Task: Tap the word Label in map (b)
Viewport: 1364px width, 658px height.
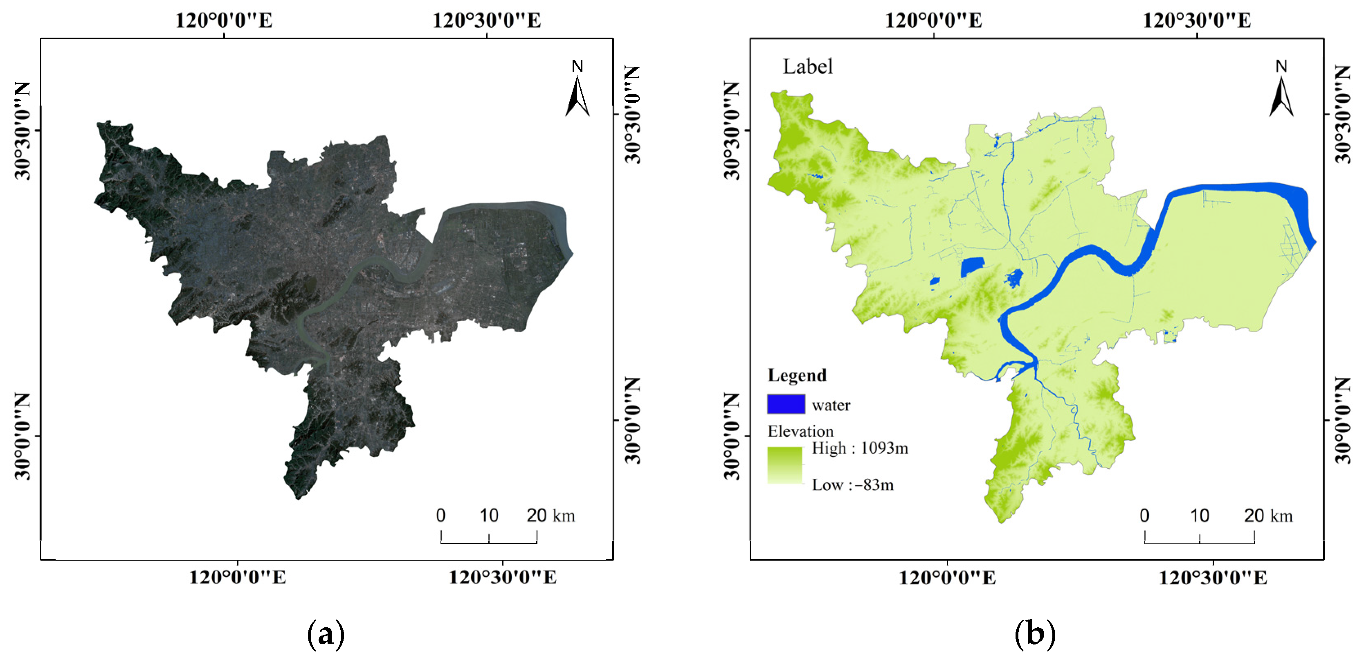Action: pos(807,67)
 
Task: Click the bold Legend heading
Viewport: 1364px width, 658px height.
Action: pos(797,376)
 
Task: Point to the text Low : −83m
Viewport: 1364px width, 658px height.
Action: pos(852,485)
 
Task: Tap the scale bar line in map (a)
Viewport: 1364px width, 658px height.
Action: pos(489,543)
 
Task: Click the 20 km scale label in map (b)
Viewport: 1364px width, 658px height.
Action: pos(1268,516)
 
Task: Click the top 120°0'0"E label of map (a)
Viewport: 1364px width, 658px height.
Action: pos(224,20)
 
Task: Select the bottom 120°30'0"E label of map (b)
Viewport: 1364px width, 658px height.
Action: pos(1213,577)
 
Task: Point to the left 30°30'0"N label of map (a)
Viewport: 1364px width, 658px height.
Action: pos(22,131)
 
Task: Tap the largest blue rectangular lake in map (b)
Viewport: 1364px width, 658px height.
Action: pos(972,268)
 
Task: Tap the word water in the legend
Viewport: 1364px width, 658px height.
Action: pos(831,405)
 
